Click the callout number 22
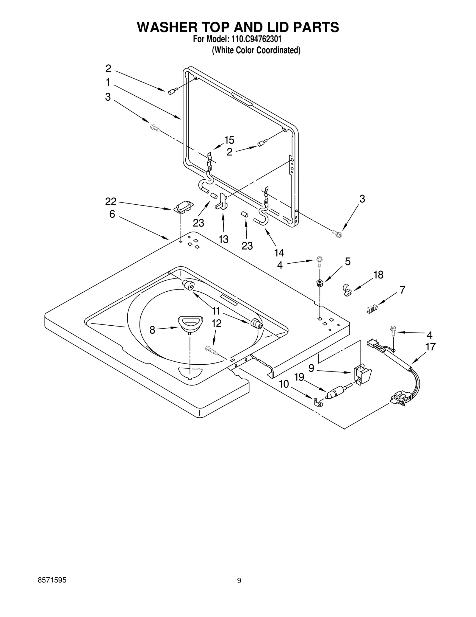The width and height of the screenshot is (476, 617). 111,202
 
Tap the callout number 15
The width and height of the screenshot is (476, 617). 229,140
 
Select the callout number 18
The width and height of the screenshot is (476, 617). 378,275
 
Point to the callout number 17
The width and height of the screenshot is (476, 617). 430,346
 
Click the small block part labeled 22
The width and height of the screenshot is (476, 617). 183,207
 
